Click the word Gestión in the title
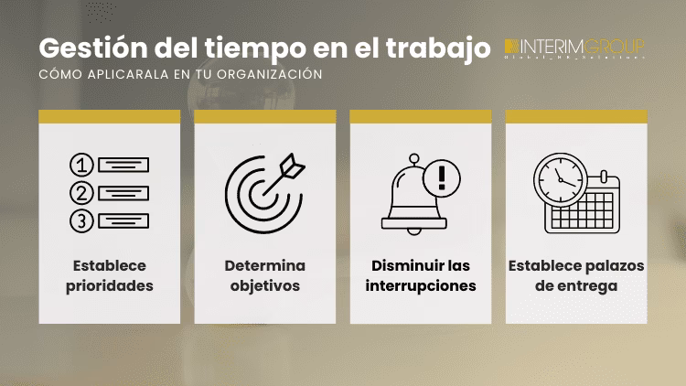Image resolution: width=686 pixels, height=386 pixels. click(83, 47)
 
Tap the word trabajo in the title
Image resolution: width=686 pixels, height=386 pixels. click(439, 47)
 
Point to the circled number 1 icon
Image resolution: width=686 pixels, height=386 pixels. click(82, 166)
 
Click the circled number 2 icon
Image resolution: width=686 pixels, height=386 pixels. click(82, 193)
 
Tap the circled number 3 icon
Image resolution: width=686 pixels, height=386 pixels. click(82, 220)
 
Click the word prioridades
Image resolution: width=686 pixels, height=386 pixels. click(109, 285)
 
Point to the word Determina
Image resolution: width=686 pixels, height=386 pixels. click(265, 265)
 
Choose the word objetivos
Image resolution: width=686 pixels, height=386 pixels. click(265, 285)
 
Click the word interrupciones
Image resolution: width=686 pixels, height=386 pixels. click(421, 285)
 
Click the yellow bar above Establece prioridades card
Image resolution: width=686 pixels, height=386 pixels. click(110, 116)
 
